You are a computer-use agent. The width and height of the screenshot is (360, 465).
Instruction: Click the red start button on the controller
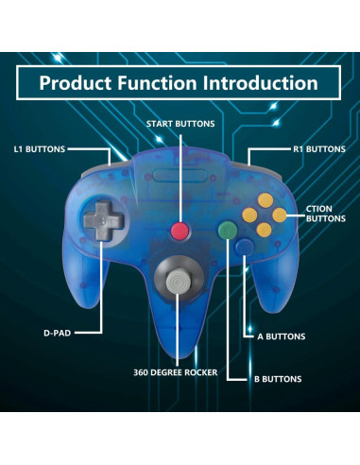coord(180,231)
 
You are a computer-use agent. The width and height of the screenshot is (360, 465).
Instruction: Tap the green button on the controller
coord(228,230)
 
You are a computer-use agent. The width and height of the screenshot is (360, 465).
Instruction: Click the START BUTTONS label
coord(180,124)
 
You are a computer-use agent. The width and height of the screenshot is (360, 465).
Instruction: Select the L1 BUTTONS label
coord(40,149)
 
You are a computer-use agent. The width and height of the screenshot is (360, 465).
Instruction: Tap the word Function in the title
coord(163,82)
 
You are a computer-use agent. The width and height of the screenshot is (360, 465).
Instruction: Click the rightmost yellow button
coord(280,215)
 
